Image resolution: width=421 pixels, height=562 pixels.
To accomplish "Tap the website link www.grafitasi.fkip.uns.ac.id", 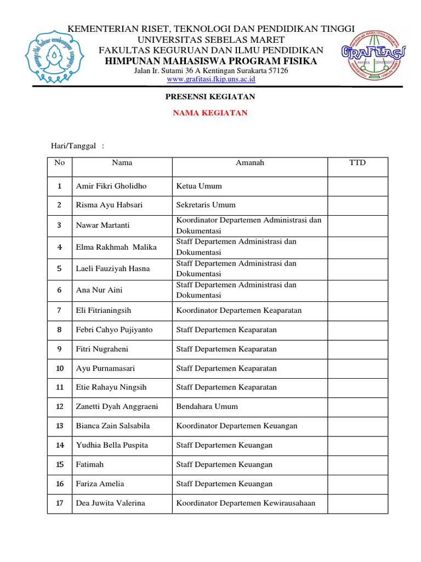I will [x=211, y=79].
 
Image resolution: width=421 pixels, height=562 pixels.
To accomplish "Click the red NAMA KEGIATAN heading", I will [x=210, y=113].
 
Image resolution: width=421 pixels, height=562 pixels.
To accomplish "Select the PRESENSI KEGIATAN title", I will [x=210, y=97].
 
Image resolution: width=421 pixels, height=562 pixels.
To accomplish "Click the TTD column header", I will [x=357, y=162].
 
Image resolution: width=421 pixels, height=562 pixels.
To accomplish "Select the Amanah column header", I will [x=249, y=162].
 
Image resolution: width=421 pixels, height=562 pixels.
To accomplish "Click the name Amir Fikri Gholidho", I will [x=111, y=186].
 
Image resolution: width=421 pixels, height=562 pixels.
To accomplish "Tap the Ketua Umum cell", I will [x=199, y=186].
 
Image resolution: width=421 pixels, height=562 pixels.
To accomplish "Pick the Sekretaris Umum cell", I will [x=206, y=205].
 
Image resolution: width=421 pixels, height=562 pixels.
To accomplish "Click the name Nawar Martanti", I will [x=103, y=226].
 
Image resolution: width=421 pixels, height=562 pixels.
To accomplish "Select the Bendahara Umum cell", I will [x=207, y=407].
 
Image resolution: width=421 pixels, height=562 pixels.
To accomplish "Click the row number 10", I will [x=60, y=368].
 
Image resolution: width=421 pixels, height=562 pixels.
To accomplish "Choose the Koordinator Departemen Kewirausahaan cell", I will [x=246, y=503].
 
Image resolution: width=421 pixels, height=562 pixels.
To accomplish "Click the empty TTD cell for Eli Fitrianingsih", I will [x=357, y=311].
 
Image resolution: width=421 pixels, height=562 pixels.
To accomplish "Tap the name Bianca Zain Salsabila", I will [x=112, y=426].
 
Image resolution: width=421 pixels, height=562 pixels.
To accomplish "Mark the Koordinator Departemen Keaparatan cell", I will [x=239, y=311].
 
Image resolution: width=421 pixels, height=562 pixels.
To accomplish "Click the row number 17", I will [x=60, y=503].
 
